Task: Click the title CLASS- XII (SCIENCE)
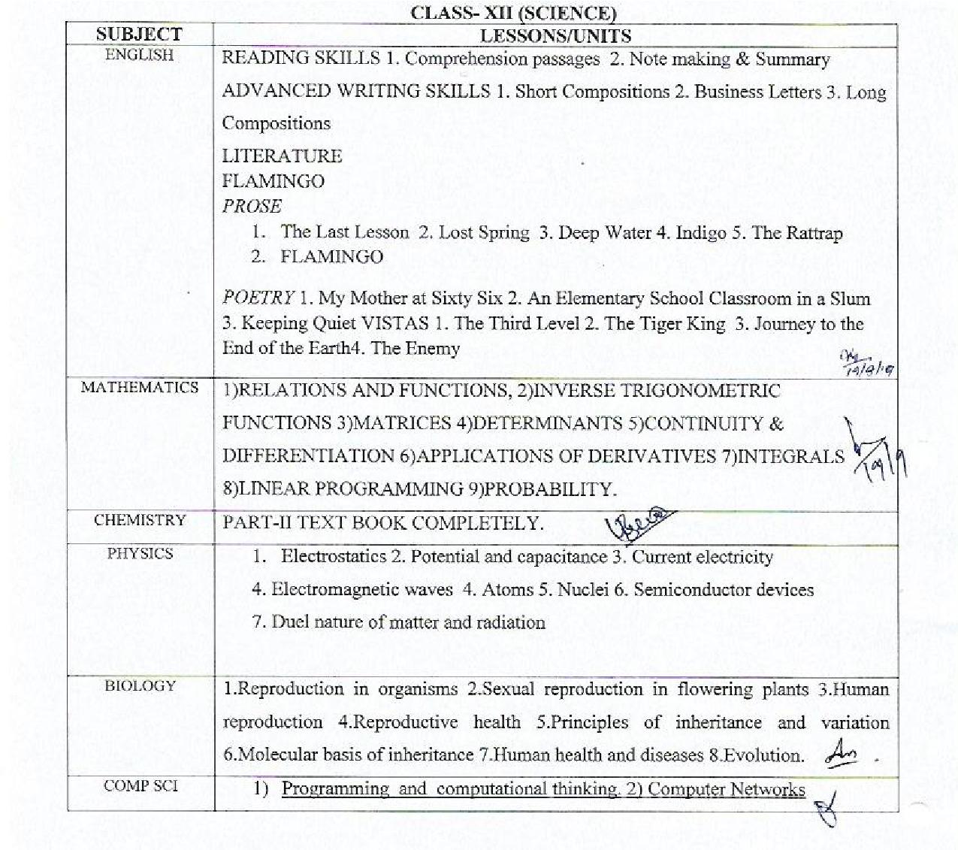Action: click(x=513, y=13)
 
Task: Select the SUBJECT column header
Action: click(x=138, y=35)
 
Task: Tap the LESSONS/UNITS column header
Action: click(x=555, y=35)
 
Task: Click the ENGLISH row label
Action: click(x=139, y=55)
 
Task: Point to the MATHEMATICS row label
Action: click(x=140, y=387)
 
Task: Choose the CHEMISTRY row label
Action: click(x=140, y=520)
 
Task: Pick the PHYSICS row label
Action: click(x=140, y=554)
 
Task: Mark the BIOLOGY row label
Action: click(x=140, y=685)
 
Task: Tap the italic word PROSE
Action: click(x=252, y=206)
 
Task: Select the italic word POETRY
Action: click(x=258, y=298)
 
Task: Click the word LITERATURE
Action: click(x=282, y=156)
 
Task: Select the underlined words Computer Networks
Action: click(x=726, y=789)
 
